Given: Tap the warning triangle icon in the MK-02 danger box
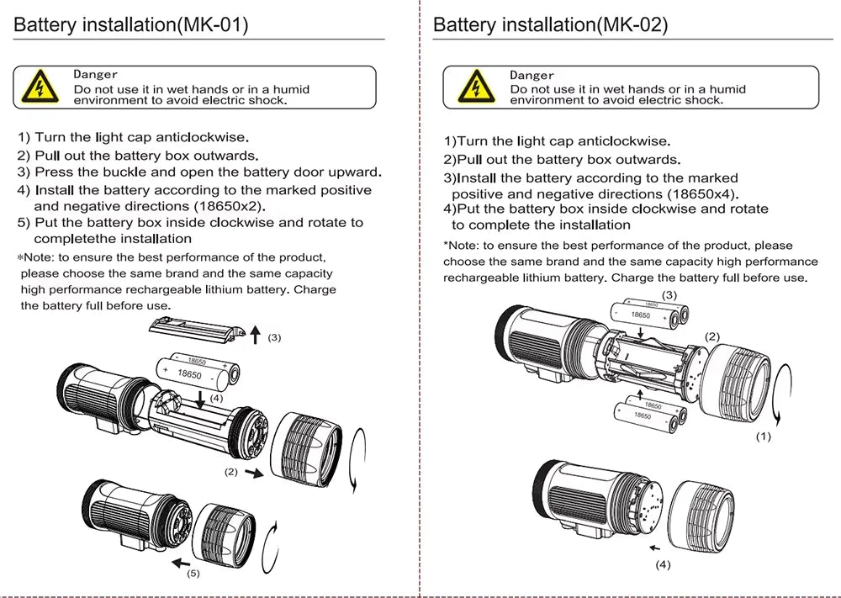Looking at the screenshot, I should point(472,87).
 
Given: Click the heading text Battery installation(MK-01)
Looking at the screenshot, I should point(131,25).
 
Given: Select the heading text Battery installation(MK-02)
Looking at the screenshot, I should point(550,25).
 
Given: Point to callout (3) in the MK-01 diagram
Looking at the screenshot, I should point(274,337).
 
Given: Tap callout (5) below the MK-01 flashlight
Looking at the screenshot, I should point(193,574).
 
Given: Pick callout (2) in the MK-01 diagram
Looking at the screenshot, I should point(231,472).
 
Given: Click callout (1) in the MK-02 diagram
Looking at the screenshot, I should point(763,437).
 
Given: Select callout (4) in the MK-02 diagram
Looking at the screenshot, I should point(663,564).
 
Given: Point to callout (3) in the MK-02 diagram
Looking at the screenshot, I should point(669,294).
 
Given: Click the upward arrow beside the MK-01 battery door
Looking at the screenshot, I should point(255,336).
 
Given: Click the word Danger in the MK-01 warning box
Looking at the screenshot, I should point(96,75).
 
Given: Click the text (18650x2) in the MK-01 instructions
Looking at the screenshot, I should point(230,206).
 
